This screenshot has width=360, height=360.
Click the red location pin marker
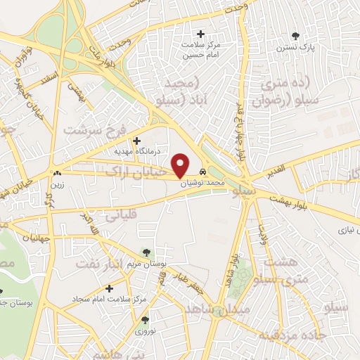pos(181,165)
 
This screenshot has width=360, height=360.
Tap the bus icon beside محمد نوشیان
pos(202,172)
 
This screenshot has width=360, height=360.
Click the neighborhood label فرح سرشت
pos(91,130)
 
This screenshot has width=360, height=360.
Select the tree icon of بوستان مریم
pos(146,252)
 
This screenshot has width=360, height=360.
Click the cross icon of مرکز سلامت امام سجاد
pos(109,289)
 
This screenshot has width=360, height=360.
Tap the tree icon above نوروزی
pos(146,320)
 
